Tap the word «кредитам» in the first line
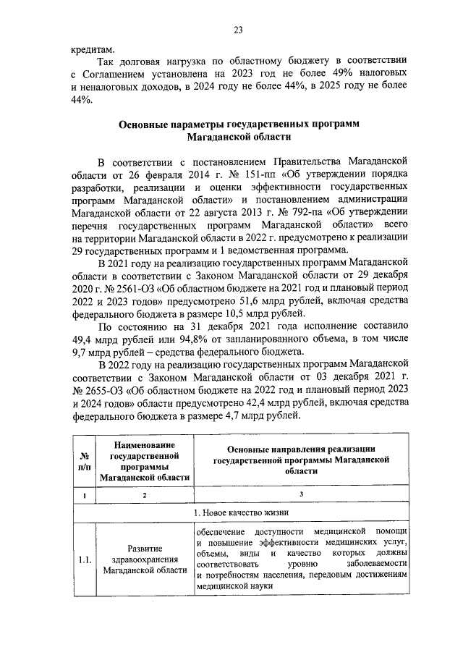92,49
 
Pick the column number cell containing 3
301,495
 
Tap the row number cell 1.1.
84,560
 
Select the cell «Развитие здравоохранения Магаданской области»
145,560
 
